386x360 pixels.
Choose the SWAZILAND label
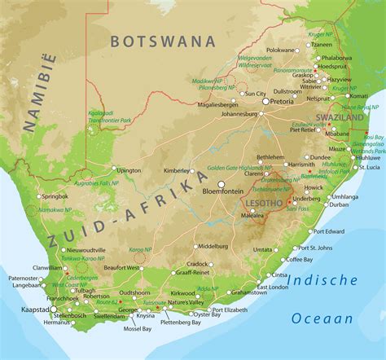(340, 117)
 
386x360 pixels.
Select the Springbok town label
(55, 196)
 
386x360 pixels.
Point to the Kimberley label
(176, 171)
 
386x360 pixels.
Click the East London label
(271, 287)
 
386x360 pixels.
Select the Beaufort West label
(121, 267)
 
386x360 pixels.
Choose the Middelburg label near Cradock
(213, 245)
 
